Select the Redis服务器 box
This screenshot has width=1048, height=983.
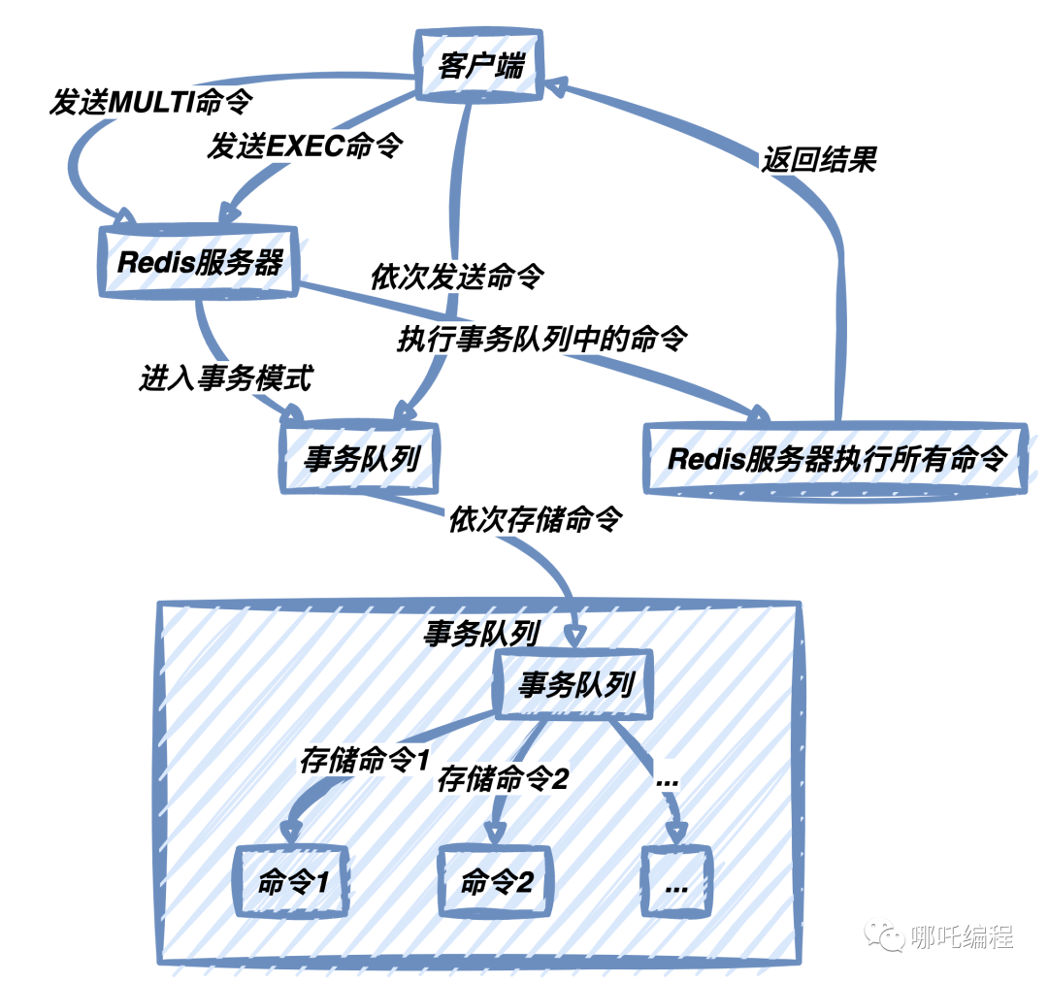pos(200,261)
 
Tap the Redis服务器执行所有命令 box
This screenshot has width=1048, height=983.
pos(835,458)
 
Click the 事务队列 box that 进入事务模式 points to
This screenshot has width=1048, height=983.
pos(360,457)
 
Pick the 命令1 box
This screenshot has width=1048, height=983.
pos(294,882)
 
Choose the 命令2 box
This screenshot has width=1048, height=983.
pos(496,882)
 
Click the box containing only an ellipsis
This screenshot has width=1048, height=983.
pos(677,882)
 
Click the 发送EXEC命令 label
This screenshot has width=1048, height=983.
pos(305,147)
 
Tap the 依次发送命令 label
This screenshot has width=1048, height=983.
pos(457,278)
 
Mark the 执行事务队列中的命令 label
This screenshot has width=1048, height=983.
pos(542,339)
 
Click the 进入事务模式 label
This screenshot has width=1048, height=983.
pos(225,378)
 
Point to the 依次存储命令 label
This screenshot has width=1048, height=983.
pos(534,520)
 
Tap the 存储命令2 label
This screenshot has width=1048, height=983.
pos(502,777)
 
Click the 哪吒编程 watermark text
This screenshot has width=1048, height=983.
pos(963,936)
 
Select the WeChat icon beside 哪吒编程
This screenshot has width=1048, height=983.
pos(887,935)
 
